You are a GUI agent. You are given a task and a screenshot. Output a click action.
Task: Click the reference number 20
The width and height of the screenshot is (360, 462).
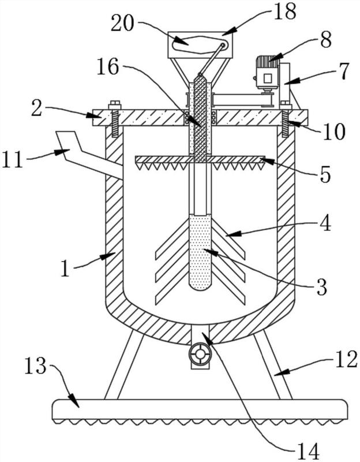(122, 24)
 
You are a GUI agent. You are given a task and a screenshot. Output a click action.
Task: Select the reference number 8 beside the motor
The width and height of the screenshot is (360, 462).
(326, 39)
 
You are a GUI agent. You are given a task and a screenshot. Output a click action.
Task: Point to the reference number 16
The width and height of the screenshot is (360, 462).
(107, 66)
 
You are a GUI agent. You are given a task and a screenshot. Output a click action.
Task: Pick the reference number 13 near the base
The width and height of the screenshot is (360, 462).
(35, 366)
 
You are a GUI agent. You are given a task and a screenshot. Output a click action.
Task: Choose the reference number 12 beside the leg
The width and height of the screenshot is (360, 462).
(347, 359)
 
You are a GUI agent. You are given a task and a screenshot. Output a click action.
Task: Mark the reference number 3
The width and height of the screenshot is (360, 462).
(321, 286)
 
